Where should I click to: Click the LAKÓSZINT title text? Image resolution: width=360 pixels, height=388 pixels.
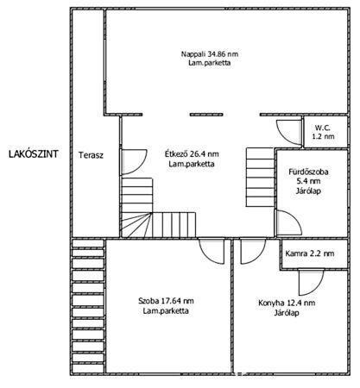[x=34, y=154]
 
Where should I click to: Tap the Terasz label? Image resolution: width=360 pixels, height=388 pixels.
[x=92, y=155]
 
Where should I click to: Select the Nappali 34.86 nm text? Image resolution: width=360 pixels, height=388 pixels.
[x=210, y=54]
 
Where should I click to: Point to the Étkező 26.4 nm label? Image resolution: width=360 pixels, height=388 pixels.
[x=192, y=153]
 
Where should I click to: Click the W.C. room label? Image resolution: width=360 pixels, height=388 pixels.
[x=323, y=128]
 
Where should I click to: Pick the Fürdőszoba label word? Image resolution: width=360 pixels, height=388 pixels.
[x=309, y=172]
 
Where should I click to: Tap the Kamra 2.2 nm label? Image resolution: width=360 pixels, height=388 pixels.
[x=310, y=253]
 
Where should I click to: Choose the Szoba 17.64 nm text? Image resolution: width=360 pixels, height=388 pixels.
[x=166, y=301]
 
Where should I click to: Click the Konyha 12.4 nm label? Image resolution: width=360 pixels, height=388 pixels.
[x=287, y=303]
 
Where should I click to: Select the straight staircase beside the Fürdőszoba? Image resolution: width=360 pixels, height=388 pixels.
[x=260, y=178]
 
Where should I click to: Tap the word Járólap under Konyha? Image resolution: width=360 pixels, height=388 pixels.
[x=287, y=312]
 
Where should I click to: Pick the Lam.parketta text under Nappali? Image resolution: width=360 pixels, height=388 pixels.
[x=210, y=63]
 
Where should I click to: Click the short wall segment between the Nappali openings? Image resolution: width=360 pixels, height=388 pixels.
[x=206, y=115]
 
